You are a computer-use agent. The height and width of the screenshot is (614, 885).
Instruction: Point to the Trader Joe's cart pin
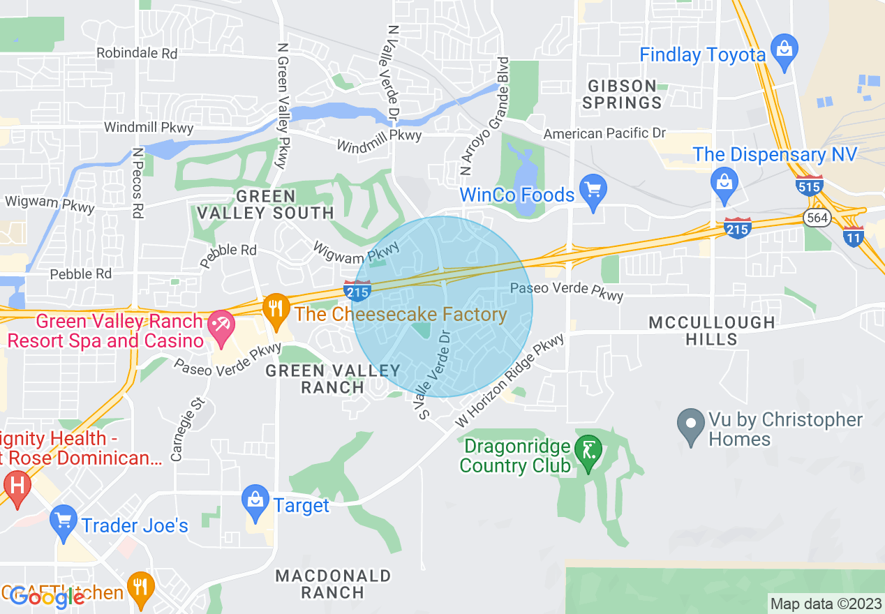[x=64, y=521]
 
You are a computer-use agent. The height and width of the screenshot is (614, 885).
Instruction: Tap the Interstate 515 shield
[x=809, y=186]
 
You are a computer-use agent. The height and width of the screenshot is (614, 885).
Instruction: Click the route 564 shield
[x=817, y=218]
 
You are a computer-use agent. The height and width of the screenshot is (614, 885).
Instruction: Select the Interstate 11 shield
[x=853, y=235]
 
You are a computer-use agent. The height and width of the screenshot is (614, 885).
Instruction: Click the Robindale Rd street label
[x=137, y=53]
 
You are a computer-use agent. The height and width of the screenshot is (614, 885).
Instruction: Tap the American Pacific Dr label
[x=604, y=133]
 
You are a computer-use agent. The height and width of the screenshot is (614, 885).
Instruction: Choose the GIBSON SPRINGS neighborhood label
[x=622, y=94]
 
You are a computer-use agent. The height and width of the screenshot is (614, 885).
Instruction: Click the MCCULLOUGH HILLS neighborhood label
[x=712, y=331]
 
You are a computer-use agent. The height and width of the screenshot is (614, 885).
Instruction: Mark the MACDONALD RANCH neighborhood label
[x=333, y=584]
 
